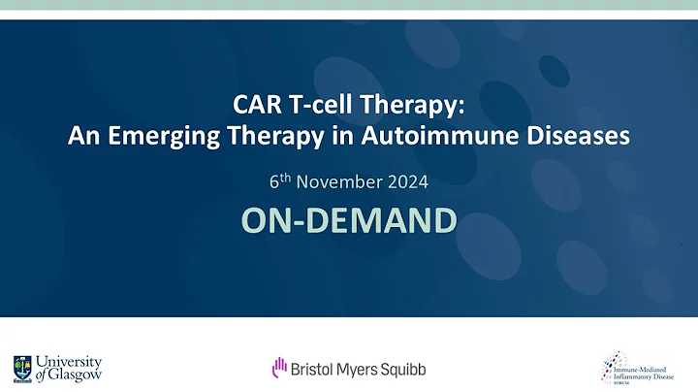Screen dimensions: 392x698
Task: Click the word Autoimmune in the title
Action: [450, 137]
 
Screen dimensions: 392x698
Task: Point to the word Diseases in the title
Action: [579, 137]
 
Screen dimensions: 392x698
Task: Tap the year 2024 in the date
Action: [406, 181]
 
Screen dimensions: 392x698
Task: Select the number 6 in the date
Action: [273, 181]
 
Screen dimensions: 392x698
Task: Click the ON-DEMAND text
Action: [348, 220]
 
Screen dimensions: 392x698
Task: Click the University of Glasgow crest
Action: [22, 368]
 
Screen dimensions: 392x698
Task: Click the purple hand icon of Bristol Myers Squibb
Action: [278, 368]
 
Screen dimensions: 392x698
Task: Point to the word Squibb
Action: [401, 369]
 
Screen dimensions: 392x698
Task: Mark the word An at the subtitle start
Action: [80, 137]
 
